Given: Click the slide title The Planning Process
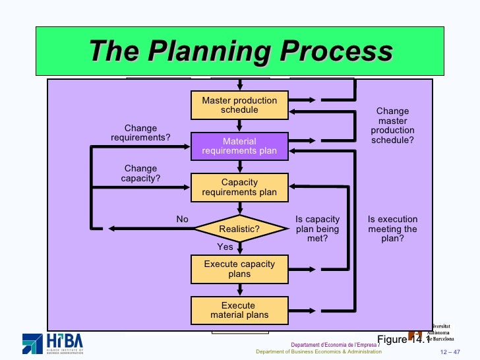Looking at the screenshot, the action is click(x=240, y=51).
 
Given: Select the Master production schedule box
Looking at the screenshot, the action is click(x=239, y=105).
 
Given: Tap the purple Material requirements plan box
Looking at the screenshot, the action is click(x=239, y=146).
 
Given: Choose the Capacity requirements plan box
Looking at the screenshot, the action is click(x=239, y=187).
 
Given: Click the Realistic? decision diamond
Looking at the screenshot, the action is click(x=239, y=229).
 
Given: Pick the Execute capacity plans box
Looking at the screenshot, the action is click(x=239, y=269).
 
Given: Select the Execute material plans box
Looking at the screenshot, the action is click(x=239, y=310).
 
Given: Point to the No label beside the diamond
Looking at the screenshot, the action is click(x=182, y=219).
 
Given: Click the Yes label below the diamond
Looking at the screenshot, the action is click(x=225, y=247).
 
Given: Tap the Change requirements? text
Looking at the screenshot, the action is click(x=140, y=133).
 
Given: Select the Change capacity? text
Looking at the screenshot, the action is click(x=140, y=173).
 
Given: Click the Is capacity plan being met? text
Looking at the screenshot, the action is click(x=317, y=229).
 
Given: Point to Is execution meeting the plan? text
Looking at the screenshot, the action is click(x=392, y=229).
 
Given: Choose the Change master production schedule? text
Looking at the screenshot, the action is click(x=392, y=126).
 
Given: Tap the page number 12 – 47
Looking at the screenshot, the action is click(x=451, y=351).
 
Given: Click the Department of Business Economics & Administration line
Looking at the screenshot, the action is click(x=318, y=351).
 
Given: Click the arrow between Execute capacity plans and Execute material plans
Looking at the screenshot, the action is click(x=239, y=289).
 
